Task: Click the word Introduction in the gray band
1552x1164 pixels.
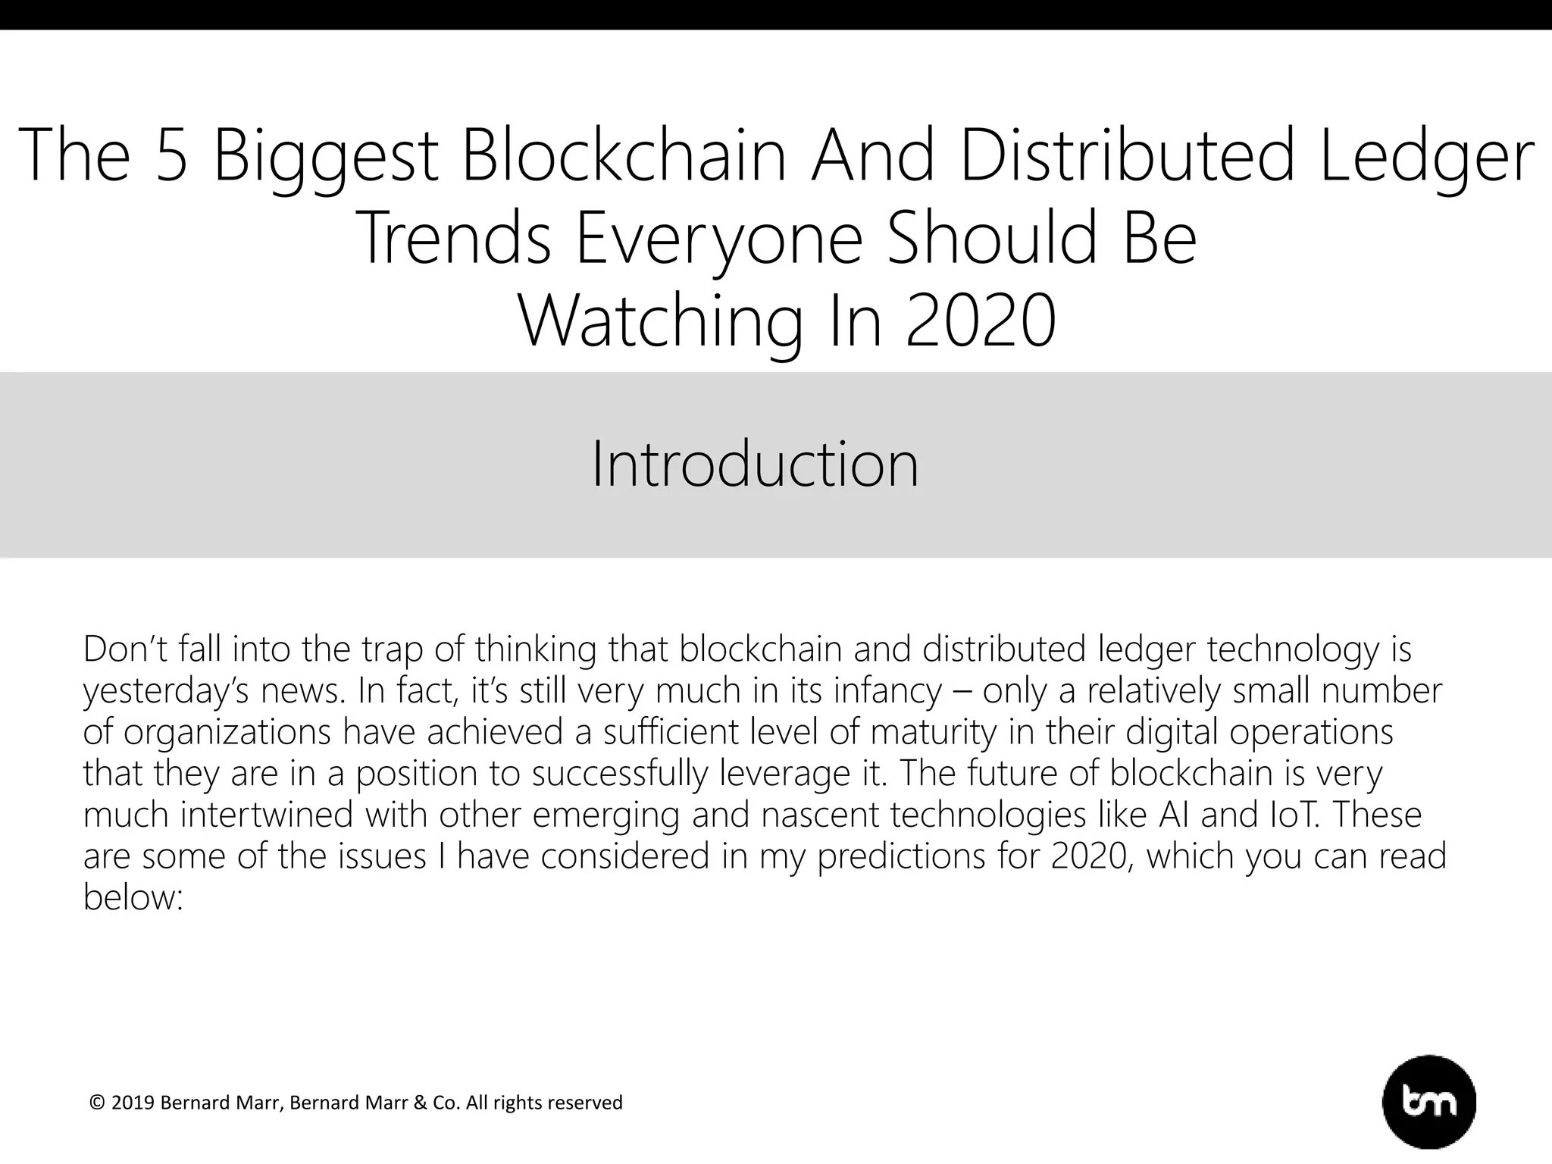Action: pyautogui.click(x=755, y=464)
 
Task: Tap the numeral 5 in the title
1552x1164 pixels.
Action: pyautogui.click(x=171, y=156)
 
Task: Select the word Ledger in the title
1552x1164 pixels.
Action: pyautogui.click(x=1427, y=156)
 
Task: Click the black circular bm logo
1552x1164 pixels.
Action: pyautogui.click(x=1429, y=1103)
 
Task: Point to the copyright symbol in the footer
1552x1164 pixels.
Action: pyautogui.click(x=96, y=1103)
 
